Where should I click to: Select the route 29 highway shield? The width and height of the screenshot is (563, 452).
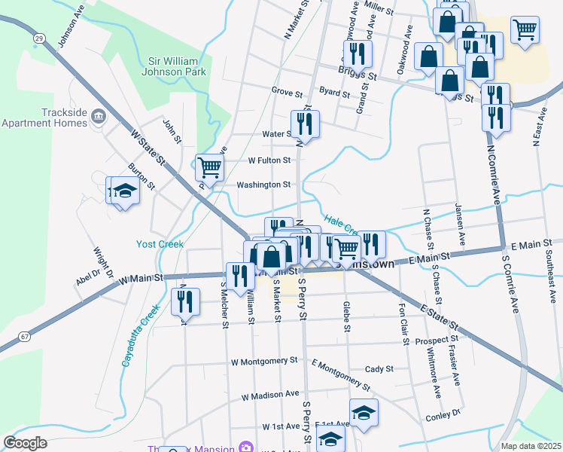[39, 36]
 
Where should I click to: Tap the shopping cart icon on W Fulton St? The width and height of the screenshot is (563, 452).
[210, 166]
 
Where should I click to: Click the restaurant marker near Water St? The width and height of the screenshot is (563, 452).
[305, 123]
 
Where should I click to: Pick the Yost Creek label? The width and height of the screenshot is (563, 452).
[160, 244]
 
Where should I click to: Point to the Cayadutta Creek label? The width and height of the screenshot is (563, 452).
[138, 336]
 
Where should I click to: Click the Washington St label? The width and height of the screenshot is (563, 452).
[263, 185]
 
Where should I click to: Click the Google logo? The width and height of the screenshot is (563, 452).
[26, 442]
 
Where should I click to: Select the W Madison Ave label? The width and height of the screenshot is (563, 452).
[270, 394]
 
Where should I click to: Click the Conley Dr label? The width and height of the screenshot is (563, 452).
[442, 414]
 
